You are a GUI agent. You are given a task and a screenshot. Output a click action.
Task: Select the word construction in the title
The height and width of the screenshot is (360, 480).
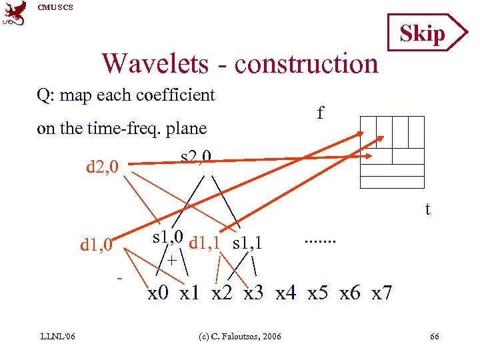pyautogui.click(x=306, y=64)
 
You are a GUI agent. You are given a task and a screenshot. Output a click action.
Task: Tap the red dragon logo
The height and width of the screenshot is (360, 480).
pyautogui.click(x=15, y=13)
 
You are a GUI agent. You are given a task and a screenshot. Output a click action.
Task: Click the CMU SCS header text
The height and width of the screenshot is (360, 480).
pyautogui.click(x=55, y=7)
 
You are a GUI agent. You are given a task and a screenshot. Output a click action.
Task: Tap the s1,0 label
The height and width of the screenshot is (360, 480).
pyautogui.click(x=169, y=237)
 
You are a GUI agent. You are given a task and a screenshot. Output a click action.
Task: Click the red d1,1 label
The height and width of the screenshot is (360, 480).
pyautogui.click(x=208, y=243)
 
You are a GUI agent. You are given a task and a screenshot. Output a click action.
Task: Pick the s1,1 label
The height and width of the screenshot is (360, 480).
pyautogui.click(x=248, y=243)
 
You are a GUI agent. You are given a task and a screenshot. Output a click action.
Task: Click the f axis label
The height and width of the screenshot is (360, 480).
pyautogui.click(x=321, y=113)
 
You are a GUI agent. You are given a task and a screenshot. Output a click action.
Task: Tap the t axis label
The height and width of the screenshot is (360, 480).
pyautogui.click(x=427, y=209)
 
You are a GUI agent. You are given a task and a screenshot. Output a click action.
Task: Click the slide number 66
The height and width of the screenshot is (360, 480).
pyautogui.click(x=434, y=336)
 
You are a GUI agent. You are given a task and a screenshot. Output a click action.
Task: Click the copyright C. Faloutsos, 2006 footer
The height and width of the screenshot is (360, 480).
pyautogui.click(x=239, y=336)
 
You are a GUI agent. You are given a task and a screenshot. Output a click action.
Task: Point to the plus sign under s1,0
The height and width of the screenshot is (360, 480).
pyautogui.click(x=171, y=260)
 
